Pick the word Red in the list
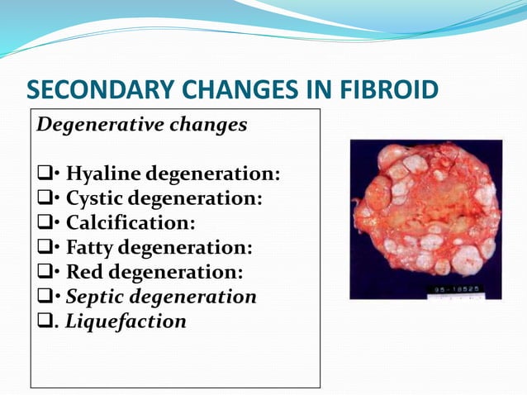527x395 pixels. coord(83,272)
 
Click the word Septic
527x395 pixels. coord(95,296)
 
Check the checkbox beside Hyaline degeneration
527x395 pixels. coord(44,175)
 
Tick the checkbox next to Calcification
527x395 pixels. coord(44,224)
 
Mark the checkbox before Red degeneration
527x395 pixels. coord(44,273)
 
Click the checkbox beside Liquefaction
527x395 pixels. coord(44,321)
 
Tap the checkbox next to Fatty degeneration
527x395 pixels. coord(44,248)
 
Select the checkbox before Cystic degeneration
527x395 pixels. coord(44,199)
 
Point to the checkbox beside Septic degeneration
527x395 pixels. coord(44,297)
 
